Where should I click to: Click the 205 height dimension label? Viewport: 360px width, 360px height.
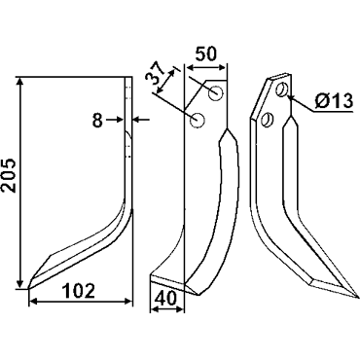pyautogui.click(x=9, y=175)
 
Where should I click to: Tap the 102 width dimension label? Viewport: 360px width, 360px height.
pyautogui.click(x=79, y=291)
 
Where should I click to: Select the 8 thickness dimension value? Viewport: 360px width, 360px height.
pyautogui.click(x=97, y=121)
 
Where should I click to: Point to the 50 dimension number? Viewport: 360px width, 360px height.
pyautogui.click(x=205, y=54)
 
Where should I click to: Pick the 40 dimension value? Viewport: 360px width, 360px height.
pyautogui.click(x=165, y=297)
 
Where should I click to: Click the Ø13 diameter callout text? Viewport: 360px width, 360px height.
pyautogui.click(x=334, y=101)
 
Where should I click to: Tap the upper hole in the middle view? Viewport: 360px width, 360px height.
pyautogui.click(x=216, y=93)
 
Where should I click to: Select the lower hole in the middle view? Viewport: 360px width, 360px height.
pyautogui.click(x=198, y=120)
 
